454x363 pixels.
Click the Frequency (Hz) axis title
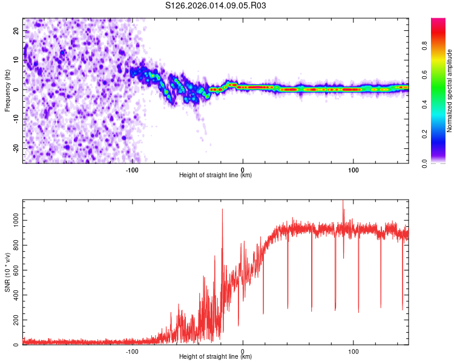[x=7, y=90]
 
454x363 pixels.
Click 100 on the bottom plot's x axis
[x=354, y=351]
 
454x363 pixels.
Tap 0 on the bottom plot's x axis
[x=243, y=351]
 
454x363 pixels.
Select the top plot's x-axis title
[x=215, y=175]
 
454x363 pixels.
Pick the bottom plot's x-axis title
[x=215, y=357]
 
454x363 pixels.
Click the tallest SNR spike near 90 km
[x=343, y=201]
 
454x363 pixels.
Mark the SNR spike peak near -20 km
[x=222, y=209]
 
